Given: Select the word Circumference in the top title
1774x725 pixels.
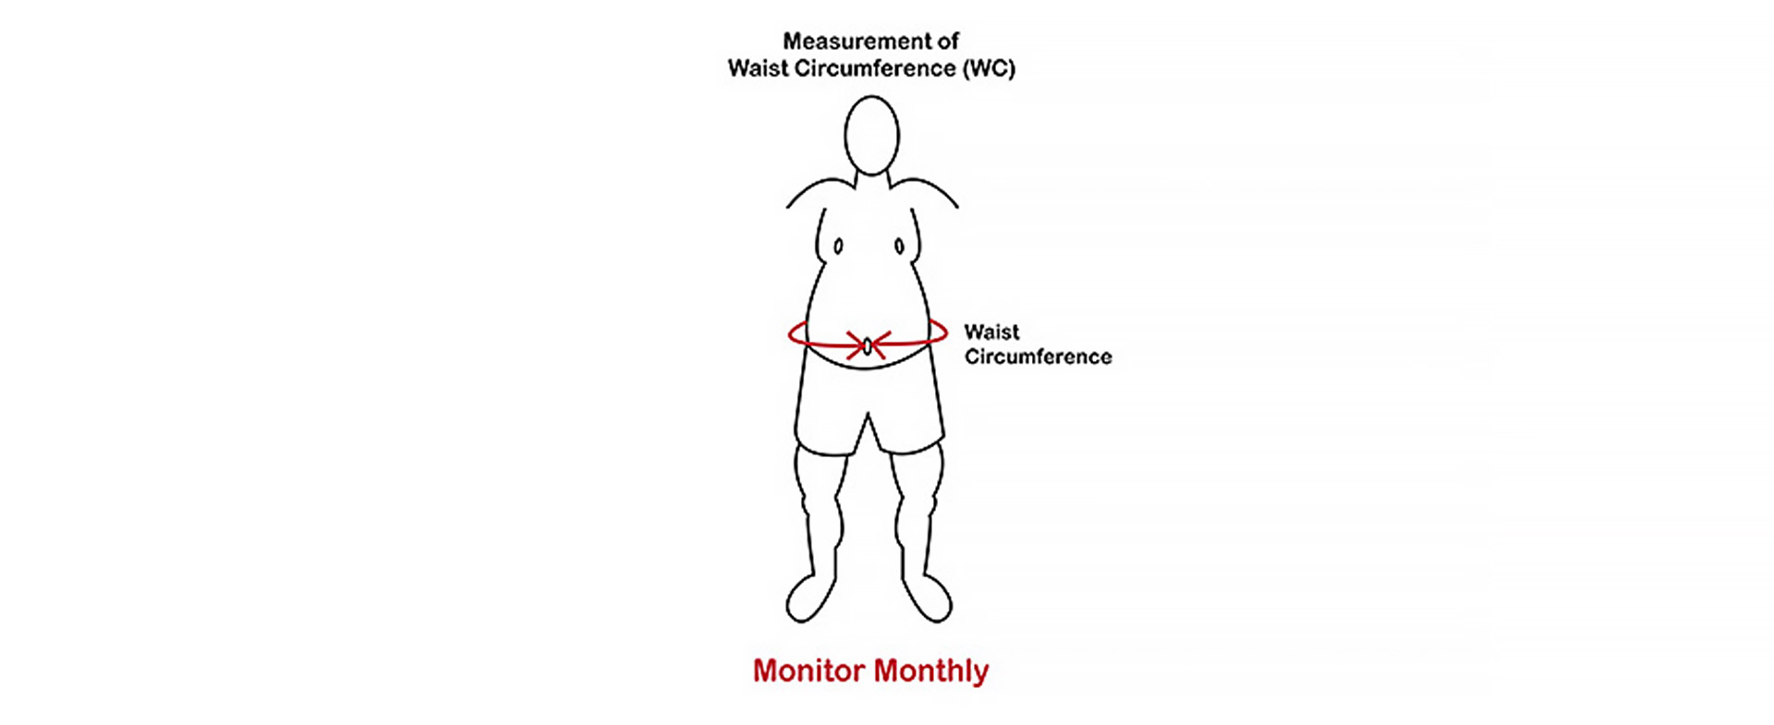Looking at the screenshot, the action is pos(867,69).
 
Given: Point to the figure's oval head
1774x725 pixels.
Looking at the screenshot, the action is pos(871,135).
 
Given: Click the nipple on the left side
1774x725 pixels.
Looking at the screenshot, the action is pos(838,247).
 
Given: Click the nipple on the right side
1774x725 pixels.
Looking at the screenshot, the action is pos(899,247).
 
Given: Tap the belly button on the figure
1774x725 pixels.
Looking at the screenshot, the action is pos(868,346).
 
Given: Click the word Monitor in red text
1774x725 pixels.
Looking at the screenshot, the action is pos(808,671).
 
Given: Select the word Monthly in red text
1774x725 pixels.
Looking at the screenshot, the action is pos(930,671).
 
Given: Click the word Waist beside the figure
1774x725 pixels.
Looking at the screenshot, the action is pos(991,332).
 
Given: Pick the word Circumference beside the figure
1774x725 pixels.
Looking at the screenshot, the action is pos(1038,356).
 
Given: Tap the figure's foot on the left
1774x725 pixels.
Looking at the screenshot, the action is pos(810,598).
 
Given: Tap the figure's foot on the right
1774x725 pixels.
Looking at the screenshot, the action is pos(927,598).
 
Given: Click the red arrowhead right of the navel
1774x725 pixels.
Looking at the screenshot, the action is pos(880,346).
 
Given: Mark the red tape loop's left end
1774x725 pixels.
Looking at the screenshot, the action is pos(789,333).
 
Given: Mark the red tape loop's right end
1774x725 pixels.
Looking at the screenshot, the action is pos(946,333).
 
